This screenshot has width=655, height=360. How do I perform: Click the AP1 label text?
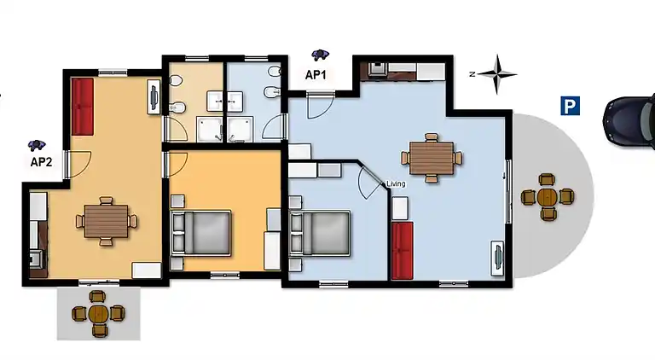point(316,75)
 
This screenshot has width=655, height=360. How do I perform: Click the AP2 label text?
point(41,161)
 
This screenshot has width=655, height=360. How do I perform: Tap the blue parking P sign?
point(570,106)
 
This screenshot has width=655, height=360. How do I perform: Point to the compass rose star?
point(496,74)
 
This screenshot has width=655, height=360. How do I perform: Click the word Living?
point(396,183)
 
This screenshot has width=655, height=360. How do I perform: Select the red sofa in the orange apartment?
point(82,107)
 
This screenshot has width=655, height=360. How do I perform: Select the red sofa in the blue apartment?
point(403,251)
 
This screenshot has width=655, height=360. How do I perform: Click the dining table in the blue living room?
point(432,158)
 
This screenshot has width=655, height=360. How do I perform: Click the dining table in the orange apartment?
point(106,221)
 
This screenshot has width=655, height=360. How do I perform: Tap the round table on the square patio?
point(98,314)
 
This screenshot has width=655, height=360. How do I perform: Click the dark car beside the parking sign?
point(629,120)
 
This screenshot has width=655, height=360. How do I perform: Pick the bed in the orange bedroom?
point(201,233)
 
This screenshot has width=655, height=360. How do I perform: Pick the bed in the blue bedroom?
point(320,234)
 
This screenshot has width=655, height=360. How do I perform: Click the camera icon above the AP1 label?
point(320,55)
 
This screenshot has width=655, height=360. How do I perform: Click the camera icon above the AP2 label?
point(37,145)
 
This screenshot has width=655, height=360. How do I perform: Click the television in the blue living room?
point(497,258)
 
